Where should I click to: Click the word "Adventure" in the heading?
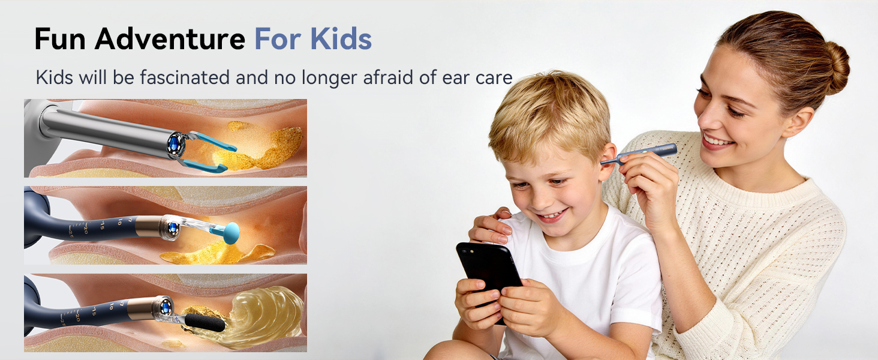170,39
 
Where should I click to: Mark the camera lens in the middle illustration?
173,227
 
